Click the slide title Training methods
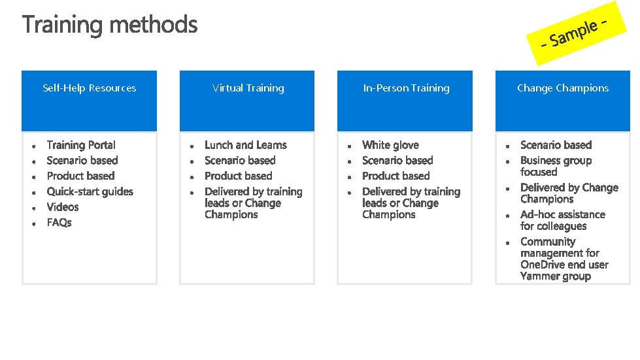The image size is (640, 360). [110, 25]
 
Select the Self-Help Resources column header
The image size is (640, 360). [90, 88]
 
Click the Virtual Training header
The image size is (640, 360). [248, 88]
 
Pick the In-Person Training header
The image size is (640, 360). [406, 88]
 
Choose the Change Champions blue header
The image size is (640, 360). [562, 88]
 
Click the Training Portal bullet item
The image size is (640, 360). [81, 145]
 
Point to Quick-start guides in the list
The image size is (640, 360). [90, 191]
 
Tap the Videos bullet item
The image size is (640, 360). [63, 207]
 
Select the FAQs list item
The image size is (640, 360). [59, 223]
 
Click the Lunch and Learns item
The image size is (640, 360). [245, 145]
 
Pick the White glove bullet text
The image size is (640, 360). [390, 145]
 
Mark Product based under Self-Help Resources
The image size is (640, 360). [80, 176]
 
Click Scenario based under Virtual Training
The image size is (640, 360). [240, 161]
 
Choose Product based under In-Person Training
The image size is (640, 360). [396, 176]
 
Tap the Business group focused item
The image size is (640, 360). [556, 166]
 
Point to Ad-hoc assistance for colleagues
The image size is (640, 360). [562, 220]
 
